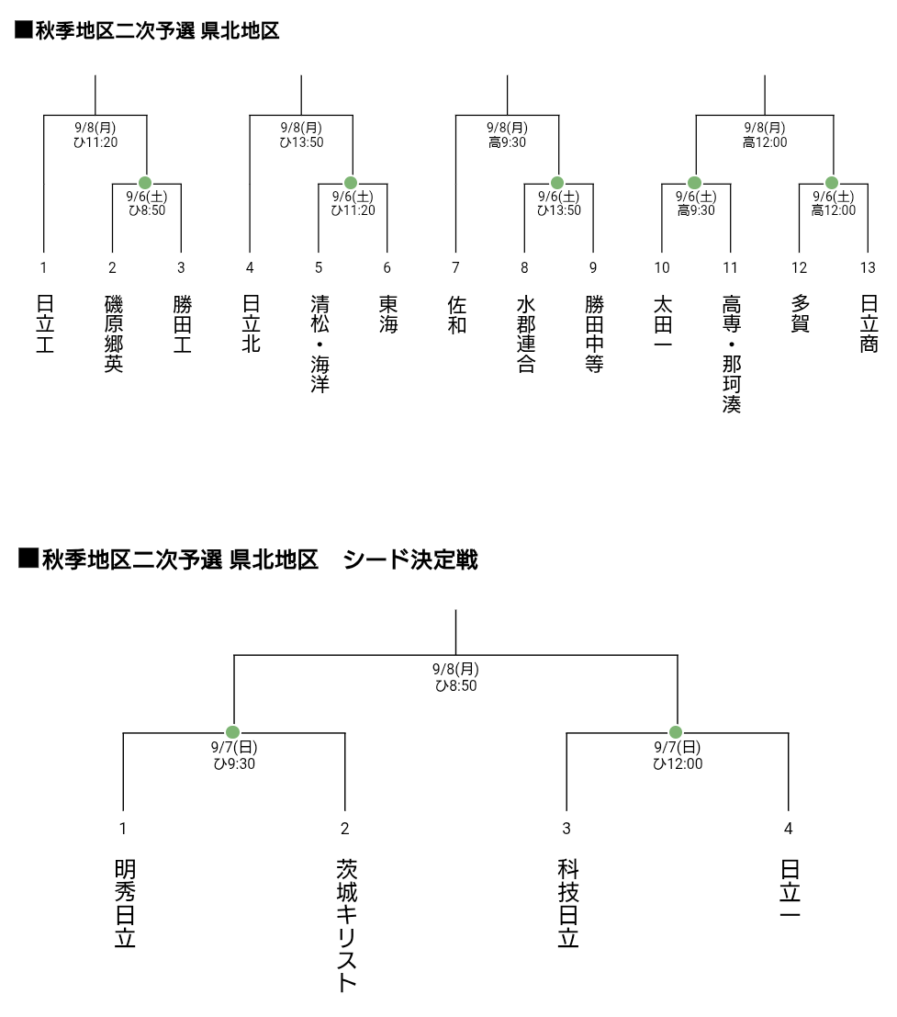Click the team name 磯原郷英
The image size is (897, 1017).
coord(114,334)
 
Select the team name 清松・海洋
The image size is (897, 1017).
coord(320,344)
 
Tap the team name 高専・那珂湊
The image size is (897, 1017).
coord(732,354)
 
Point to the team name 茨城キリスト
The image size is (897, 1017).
coord(347,925)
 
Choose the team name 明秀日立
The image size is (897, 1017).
coord(125,903)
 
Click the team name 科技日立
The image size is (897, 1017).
coord(568,903)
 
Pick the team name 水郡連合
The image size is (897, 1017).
coord(526,334)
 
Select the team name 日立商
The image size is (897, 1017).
coord(869,323)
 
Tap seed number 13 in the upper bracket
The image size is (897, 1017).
coord(868,267)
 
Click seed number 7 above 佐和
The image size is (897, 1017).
coord(455,267)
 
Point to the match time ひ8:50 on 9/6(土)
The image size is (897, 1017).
coord(147,210)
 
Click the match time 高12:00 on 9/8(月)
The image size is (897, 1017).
coord(765,142)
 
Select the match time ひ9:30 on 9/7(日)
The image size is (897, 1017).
coord(234,763)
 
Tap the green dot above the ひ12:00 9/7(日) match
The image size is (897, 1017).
coord(676,732)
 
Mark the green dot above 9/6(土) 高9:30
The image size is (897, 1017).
coord(694,183)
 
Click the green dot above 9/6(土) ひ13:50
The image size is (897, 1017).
coord(556,183)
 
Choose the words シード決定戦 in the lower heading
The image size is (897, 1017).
coord(410,559)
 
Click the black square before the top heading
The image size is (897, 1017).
coord(24,29)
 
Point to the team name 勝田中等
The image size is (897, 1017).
coord(594,334)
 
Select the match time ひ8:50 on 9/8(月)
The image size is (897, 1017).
coord(455,685)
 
